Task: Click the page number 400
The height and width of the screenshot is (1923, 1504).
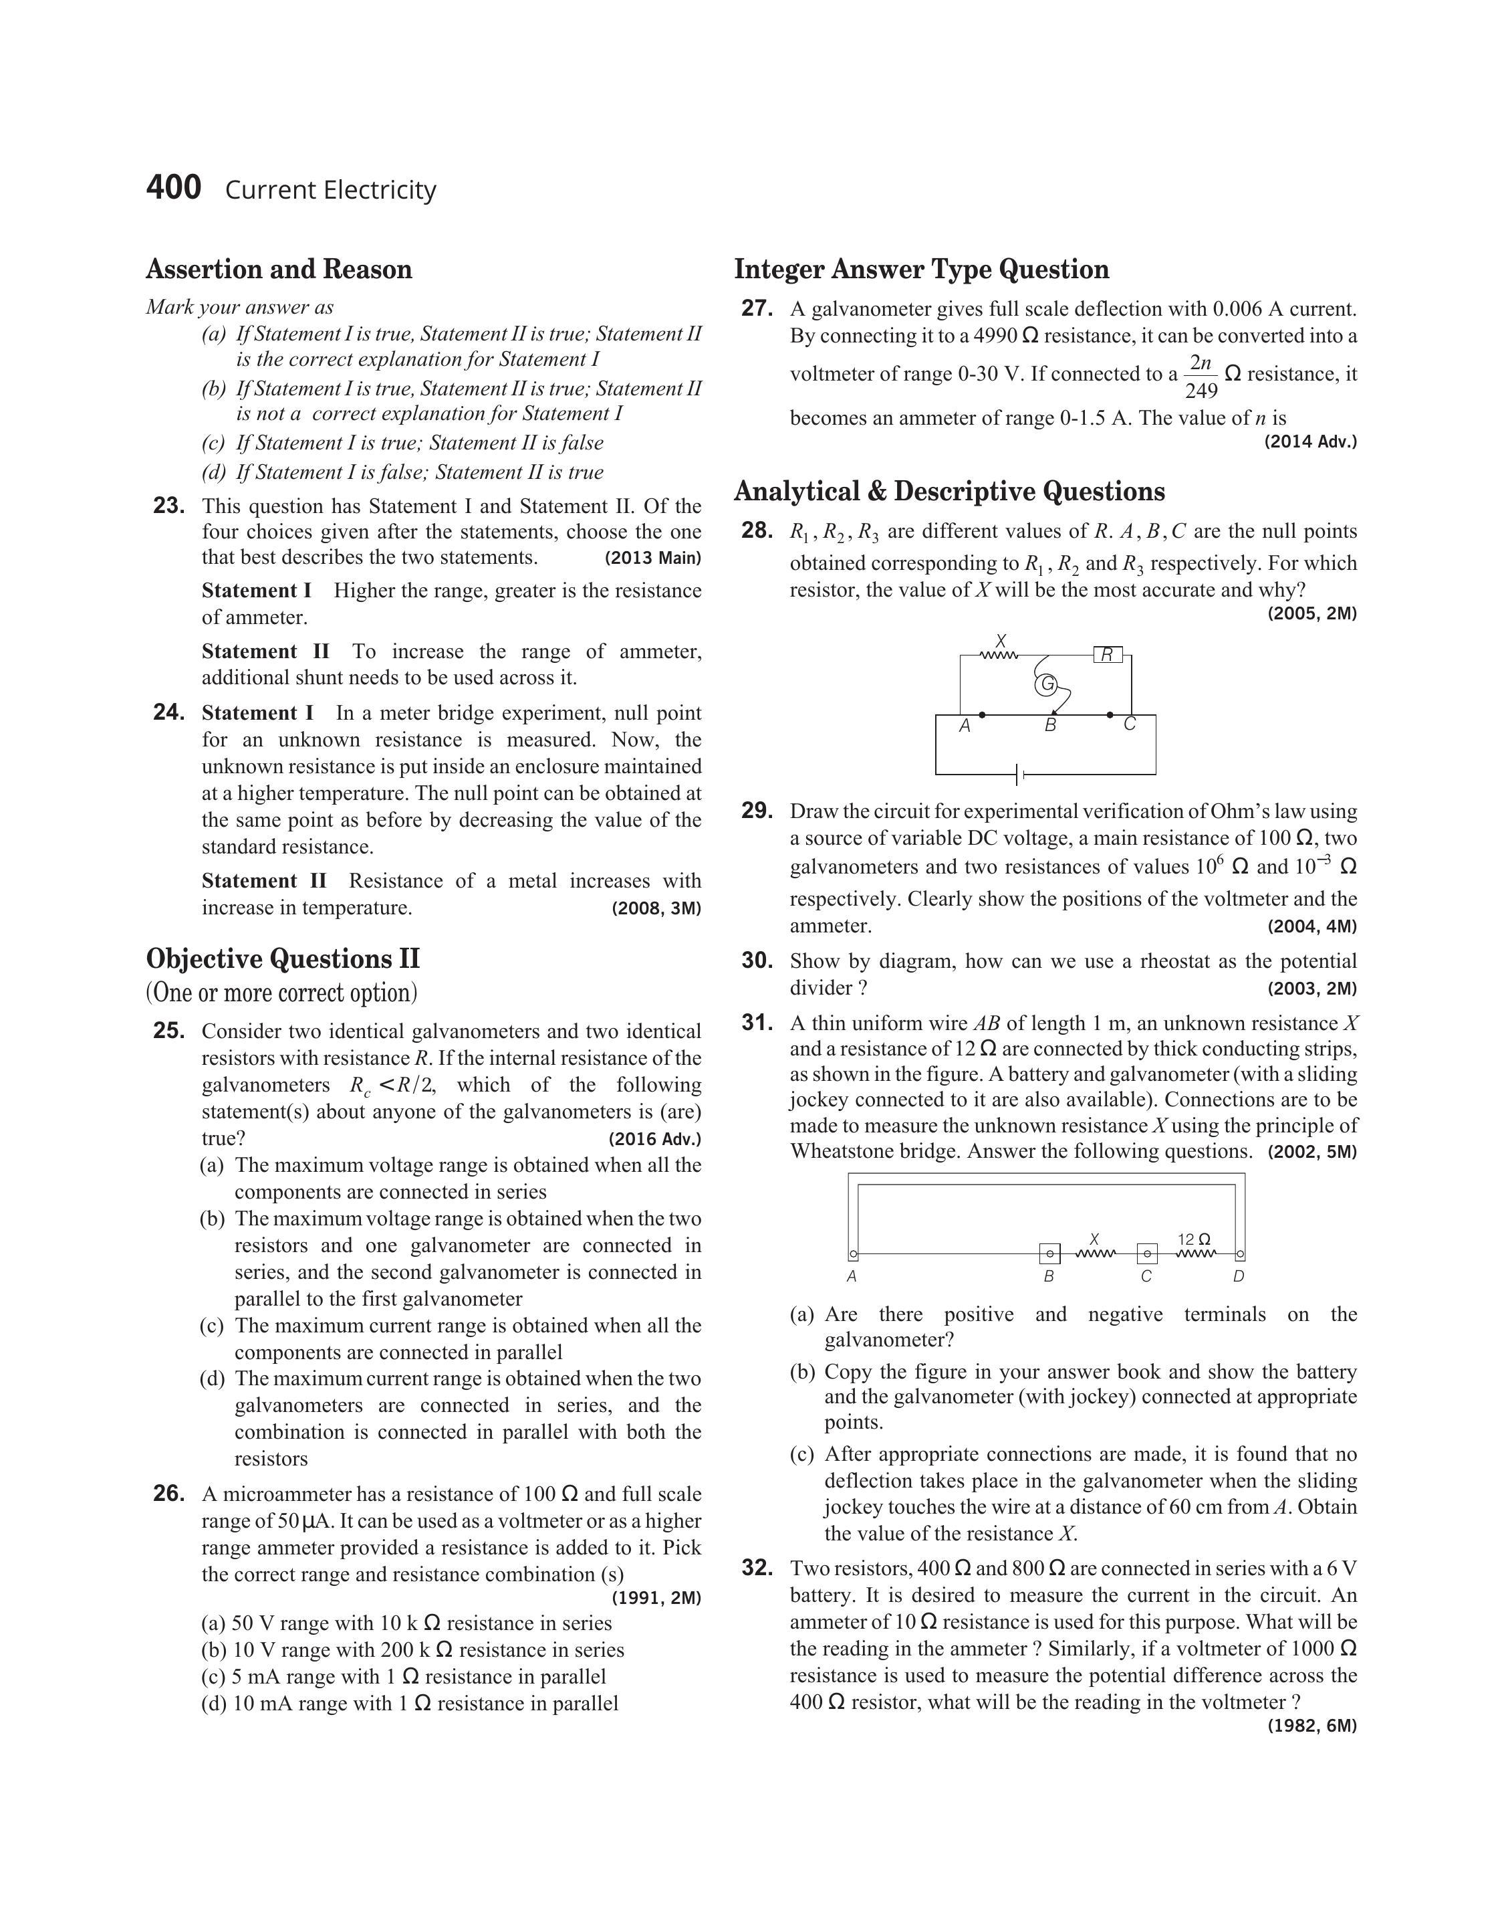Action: pyautogui.click(x=174, y=188)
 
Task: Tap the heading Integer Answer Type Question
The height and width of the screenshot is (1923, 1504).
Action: pyautogui.click(x=921, y=269)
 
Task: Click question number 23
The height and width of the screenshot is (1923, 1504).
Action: pyautogui.click(x=168, y=506)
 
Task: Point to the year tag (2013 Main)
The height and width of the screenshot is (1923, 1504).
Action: pyautogui.click(x=652, y=558)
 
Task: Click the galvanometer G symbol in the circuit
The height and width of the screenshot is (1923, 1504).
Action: pyautogui.click(x=1045, y=684)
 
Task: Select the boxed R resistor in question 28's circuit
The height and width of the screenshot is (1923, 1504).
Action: pyautogui.click(x=1108, y=655)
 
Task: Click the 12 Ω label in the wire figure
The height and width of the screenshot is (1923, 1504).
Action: pyautogui.click(x=1194, y=1239)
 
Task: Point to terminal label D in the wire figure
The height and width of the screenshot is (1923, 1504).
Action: pyautogui.click(x=1239, y=1276)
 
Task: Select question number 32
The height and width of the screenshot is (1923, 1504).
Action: pyautogui.click(x=757, y=1569)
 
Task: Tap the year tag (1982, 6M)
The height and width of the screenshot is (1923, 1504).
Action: pyautogui.click(x=1312, y=1726)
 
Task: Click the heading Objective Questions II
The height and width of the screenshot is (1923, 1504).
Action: pyautogui.click(x=283, y=958)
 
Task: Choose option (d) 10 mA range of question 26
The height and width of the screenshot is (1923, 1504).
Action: pyautogui.click(x=410, y=1704)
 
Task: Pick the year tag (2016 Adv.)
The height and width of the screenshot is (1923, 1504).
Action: pyautogui.click(x=654, y=1139)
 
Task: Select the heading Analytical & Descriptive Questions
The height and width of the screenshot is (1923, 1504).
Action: pyautogui.click(x=949, y=491)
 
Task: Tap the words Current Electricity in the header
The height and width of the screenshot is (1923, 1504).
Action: pyautogui.click(x=330, y=190)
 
